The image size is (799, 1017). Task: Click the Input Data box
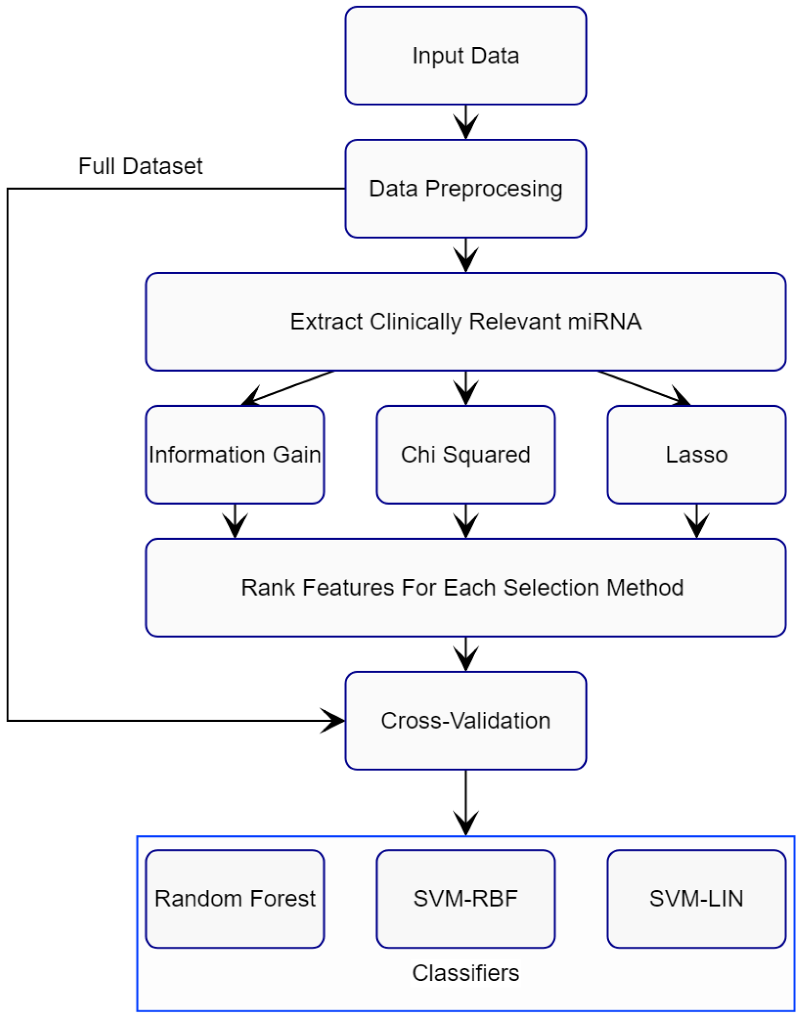click(x=465, y=55)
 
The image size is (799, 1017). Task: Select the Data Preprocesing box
click(x=465, y=188)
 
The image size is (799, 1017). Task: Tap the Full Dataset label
click(x=140, y=166)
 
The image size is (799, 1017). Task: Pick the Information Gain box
click(x=235, y=454)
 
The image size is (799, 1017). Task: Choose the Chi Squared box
click(x=465, y=454)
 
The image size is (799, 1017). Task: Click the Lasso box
click(x=696, y=454)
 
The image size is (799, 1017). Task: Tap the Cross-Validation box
click(x=465, y=720)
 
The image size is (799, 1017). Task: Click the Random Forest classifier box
click(x=235, y=898)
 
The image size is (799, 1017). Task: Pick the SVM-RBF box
click(x=465, y=898)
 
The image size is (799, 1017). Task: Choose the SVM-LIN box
click(x=696, y=898)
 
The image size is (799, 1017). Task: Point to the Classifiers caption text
click(x=465, y=973)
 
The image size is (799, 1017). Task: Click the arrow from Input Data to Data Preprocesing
click(x=465, y=123)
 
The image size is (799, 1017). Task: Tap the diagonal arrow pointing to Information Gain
click(x=286, y=389)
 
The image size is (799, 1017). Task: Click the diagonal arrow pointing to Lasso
click(x=644, y=389)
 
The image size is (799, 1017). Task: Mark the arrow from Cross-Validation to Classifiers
click(x=465, y=804)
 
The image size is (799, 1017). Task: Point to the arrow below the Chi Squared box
click(x=465, y=521)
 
